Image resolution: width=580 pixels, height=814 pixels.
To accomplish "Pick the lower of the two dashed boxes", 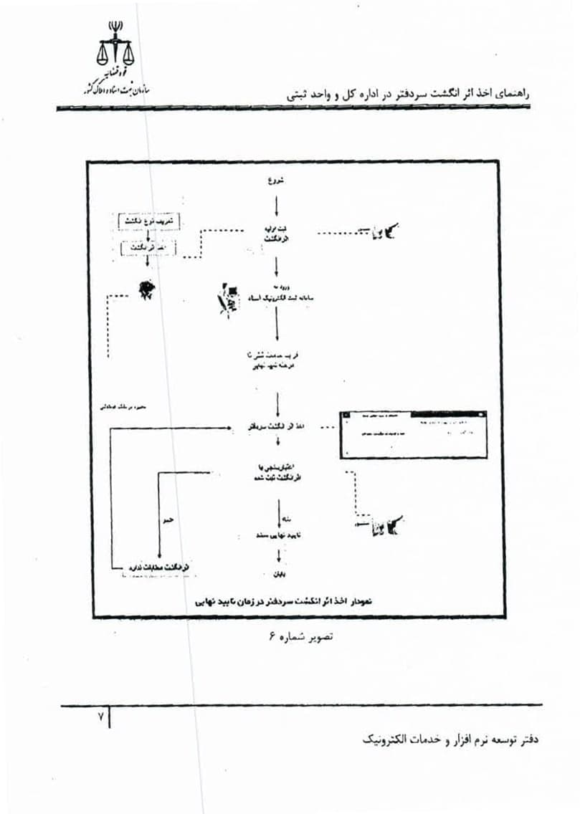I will [x=148, y=248].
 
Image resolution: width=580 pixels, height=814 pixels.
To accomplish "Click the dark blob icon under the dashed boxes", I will [x=146, y=288].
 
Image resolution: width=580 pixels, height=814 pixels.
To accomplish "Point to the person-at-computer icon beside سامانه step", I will [x=227, y=300].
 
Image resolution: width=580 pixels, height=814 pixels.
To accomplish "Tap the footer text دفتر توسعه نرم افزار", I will [x=450, y=738].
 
